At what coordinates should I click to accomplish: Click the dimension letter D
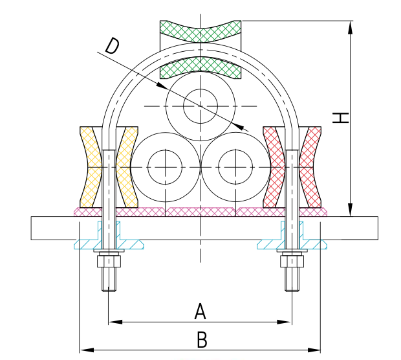tap(113, 46)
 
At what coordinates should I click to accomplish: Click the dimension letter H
tap(340, 118)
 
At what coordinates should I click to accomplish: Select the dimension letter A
tap(200, 311)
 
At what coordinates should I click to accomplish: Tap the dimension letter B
tap(202, 339)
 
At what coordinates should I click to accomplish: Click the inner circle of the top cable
tap(200, 106)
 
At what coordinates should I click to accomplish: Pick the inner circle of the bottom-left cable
tap(165, 167)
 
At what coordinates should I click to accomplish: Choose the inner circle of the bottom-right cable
tap(236, 167)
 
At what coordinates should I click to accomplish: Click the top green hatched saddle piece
tap(200, 31)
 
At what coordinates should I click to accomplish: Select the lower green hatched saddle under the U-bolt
tap(200, 67)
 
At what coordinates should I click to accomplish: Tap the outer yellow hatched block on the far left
tap(91, 167)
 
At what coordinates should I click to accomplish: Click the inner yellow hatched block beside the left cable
tap(127, 167)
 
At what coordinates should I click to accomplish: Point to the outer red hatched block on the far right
tap(310, 167)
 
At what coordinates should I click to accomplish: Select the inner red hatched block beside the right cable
tap(274, 167)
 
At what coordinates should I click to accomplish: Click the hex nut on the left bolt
tap(109, 262)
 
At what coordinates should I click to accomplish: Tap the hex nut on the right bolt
tap(292, 262)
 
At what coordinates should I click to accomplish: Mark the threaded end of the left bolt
tap(109, 279)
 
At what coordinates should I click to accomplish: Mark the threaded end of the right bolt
tap(292, 279)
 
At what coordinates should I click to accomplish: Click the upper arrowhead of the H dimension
tap(351, 27)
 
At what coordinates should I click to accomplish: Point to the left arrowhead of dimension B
tap(87, 350)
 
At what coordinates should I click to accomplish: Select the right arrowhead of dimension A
tap(285, 322)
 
